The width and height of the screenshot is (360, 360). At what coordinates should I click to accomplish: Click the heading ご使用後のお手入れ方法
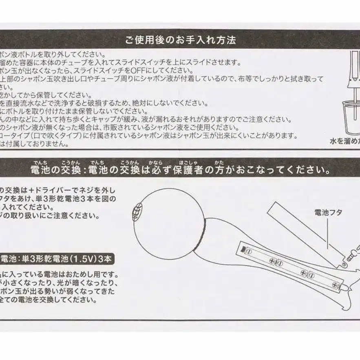(180, 40)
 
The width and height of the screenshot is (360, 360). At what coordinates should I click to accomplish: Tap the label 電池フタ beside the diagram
(328, 212)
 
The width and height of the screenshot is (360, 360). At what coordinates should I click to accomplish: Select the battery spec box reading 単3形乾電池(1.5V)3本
(57, 258)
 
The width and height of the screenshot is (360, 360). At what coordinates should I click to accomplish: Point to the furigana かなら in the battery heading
(155, 162)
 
